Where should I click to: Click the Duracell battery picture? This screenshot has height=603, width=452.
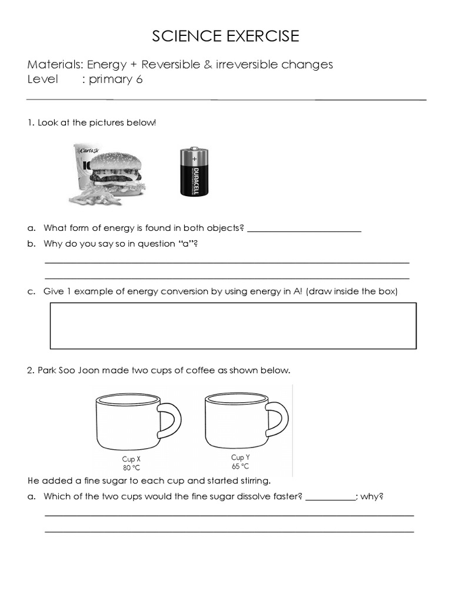[194, 172]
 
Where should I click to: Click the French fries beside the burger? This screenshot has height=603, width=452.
[91, 195]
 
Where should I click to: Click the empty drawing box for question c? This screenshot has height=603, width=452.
[233, 326]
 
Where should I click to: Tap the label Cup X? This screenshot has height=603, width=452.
[131, 459]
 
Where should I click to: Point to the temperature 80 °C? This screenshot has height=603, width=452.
[131, 468]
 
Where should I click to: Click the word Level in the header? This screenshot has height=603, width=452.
[43, 79]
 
